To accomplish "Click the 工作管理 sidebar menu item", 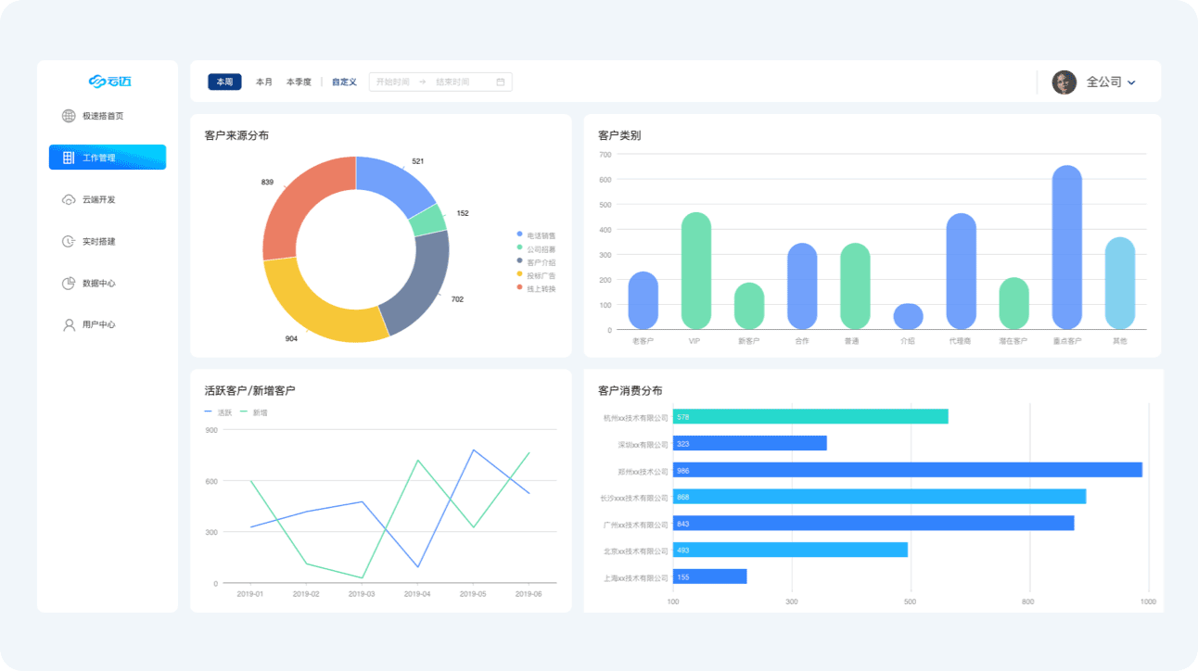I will point(107,158).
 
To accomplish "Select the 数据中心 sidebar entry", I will point(97,284).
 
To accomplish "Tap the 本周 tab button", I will point(224,82).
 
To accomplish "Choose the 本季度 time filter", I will point(299,82).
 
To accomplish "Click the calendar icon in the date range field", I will point(501,82).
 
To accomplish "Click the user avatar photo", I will point(1064,82).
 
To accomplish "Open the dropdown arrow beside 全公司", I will point(1132,83).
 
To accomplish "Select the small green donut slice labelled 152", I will point(429,219).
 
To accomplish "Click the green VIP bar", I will point(695,271).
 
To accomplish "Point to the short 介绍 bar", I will point(908,316).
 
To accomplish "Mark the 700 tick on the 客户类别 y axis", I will point(605,155).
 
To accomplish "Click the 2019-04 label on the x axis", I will point(417,594).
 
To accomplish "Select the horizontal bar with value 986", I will point(907,470).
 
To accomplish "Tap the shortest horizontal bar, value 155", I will point(709,576).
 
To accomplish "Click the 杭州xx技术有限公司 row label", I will point(635,418).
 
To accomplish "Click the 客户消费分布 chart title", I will point(631,391).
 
